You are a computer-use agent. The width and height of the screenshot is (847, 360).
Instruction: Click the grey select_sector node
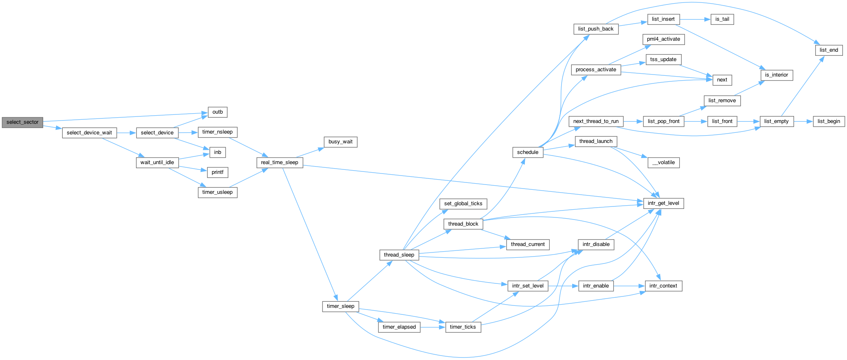22,122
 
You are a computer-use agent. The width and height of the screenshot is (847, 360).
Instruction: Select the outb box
218,112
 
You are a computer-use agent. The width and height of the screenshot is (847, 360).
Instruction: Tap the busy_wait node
340,142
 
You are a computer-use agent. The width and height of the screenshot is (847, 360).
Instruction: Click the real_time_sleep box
280,162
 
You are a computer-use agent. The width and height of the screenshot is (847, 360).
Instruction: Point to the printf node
218,172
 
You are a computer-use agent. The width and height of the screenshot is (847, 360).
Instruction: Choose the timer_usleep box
217,192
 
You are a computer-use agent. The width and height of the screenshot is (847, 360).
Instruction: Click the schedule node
528,152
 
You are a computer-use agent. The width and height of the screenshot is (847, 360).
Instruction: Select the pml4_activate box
663,39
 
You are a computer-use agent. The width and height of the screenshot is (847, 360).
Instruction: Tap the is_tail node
722,19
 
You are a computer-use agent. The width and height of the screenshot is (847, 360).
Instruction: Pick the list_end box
829,50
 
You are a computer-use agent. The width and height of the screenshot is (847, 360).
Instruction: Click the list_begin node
829,121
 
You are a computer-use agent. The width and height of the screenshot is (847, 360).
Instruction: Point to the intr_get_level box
663,203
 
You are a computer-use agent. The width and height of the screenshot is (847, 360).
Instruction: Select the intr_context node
663,286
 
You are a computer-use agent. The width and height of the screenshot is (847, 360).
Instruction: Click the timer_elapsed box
399,327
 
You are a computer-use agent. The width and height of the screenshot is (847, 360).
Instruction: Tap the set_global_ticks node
463,204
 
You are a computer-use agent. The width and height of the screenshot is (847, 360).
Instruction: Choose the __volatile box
664,162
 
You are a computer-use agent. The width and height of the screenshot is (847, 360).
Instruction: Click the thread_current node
528,244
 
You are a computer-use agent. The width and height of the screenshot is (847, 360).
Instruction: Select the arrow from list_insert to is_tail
695,19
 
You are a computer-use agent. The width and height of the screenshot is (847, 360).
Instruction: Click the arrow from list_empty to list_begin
803,121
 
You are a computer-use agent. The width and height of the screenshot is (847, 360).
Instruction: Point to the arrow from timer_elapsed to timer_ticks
433,327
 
